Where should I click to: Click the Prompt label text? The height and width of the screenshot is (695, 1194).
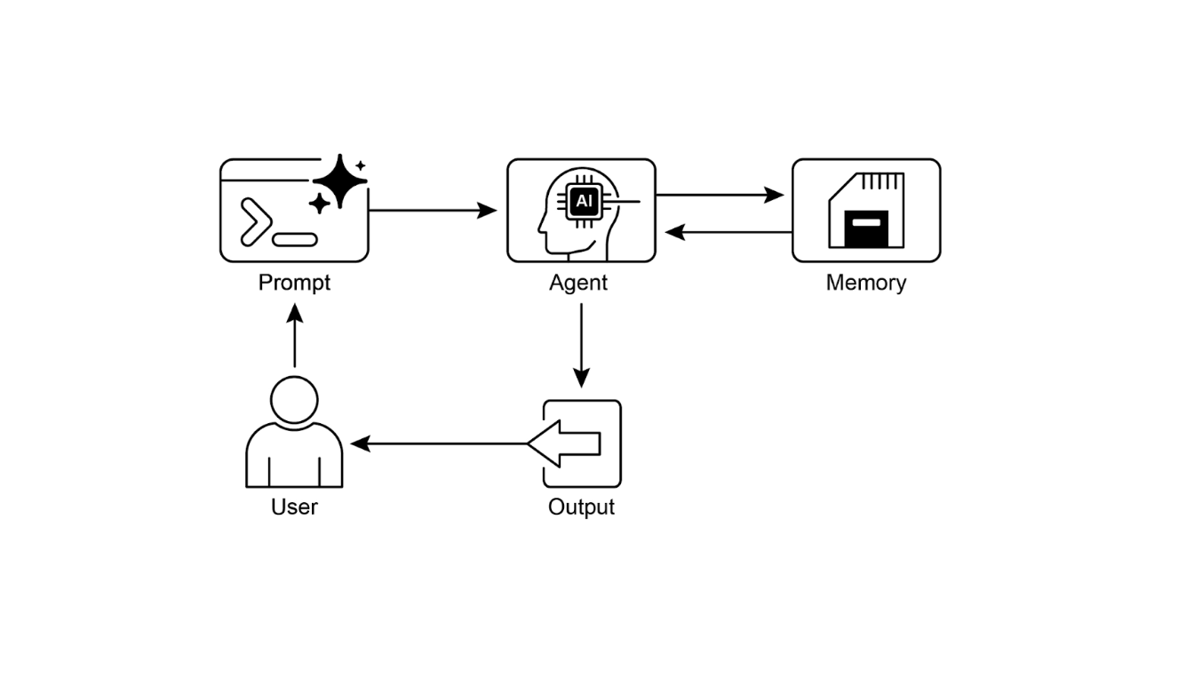pyautogui.click(x=294, y=283)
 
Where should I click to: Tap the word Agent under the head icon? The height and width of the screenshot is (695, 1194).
pyautogui.click(x=578, y=283)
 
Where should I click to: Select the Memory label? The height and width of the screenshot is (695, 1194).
pyautogui.click(x=866, y=283)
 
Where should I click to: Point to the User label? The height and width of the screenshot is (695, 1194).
pyautogui.click(x=294, y=507)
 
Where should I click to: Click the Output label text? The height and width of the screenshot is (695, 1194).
pyautogui.click(x=581, y=507)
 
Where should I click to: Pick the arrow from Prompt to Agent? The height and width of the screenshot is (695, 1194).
pyautogui.click(x=433, y=211)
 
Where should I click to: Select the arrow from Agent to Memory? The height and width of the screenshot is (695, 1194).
pyautogui.click(x=720, y=195)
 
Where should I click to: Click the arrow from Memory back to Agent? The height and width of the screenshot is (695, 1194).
pyautogui.click(x=728, y=232)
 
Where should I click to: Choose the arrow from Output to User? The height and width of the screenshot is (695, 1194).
pyautogui.click(x=440, y=443)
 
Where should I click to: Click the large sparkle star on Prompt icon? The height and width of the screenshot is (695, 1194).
pyautogui.click(x=340, y=181)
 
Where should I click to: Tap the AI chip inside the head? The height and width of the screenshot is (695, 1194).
pyautogui.click(x=583, y=202)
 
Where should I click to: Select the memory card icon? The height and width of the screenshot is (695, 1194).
pyautogui.click(x=866, y=211)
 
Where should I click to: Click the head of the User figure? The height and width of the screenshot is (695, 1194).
pyautogui.click(x=294, y=400)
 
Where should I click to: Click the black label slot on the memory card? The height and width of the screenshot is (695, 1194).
pyautogui.click(x=866, y=228)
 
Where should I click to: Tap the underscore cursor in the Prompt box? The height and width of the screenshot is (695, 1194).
pyautogui.click(x=295, y=239)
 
